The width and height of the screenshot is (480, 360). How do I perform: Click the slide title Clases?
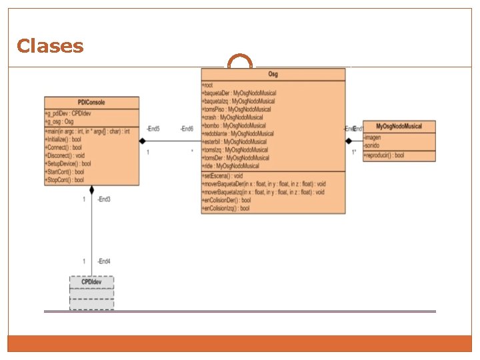[x=50, y=46]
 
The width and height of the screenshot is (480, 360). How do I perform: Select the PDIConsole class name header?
[x=91, y=102]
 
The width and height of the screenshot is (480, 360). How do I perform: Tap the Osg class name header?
[x=273, y=75]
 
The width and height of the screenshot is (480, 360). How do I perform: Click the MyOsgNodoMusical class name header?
[x=399, y=126]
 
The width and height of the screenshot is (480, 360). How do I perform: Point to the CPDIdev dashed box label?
[x=91, y=281]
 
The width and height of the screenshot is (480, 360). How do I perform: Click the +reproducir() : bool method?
[x=384, y=155]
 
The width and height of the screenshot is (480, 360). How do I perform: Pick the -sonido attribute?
[x=373, y=145]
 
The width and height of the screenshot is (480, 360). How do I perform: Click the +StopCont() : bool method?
[x=65, y=180]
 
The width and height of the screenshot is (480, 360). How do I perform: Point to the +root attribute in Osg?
[x=207, y=85]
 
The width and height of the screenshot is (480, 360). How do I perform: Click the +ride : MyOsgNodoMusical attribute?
[x=231, y=165]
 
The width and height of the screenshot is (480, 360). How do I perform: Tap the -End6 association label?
[x=187, y=128]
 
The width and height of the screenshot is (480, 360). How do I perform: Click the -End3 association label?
[x=103, y=199]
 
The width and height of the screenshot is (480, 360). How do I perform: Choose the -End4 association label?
[x=103, y=261]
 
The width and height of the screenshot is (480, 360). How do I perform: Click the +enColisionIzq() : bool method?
[x=226, y=208]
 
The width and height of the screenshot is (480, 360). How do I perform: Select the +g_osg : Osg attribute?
[x=59, y=121]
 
